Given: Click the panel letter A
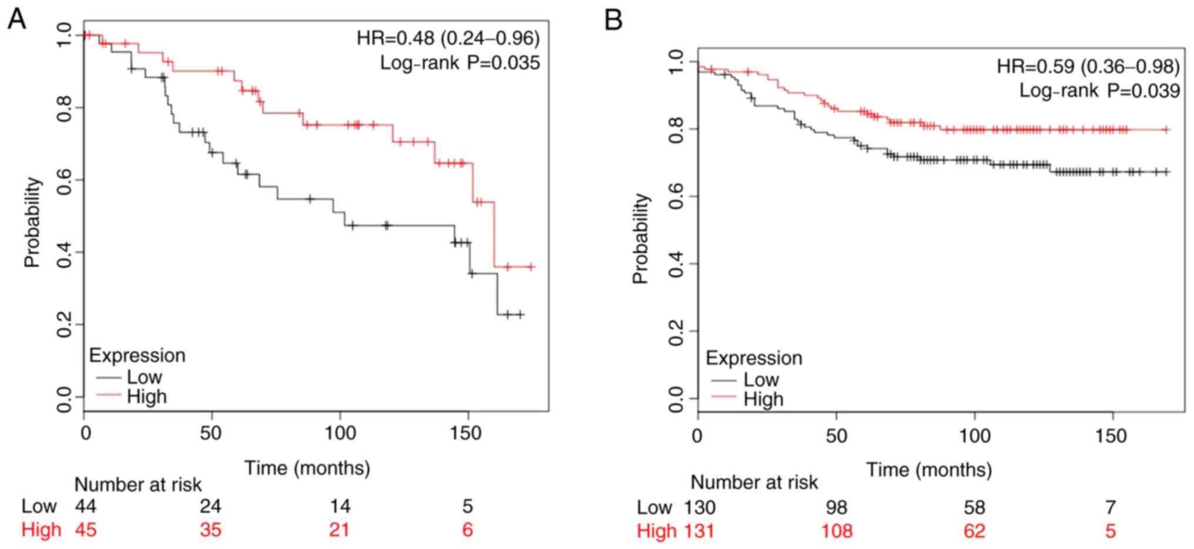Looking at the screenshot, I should [x=16, y=19].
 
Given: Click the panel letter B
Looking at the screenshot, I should [x=613, y=21].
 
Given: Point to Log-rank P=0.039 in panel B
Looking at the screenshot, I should [x=1099, y=90].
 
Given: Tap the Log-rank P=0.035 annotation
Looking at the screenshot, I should [x=460, y=63].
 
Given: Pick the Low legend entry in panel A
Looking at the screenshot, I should [x=144, y=376].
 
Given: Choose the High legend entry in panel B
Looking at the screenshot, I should [x=763, y=399].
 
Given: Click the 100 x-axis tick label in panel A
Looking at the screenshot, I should [x=340, y=433].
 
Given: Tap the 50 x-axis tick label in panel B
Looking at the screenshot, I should [x=836, y=436].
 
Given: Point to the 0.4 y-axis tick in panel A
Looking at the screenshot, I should [x=65, y=252].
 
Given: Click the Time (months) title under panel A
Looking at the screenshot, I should [x=307, y=468].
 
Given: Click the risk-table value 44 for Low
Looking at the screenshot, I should [x=86, y=506].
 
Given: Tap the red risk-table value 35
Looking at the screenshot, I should [x=210, y=530].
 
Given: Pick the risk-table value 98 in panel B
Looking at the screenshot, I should [x=836, y=507].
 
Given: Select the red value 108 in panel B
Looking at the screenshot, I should [x=836, y=531].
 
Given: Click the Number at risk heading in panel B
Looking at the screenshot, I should [x=754, y=483].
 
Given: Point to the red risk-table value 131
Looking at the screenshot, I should [x=699, y=531].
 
